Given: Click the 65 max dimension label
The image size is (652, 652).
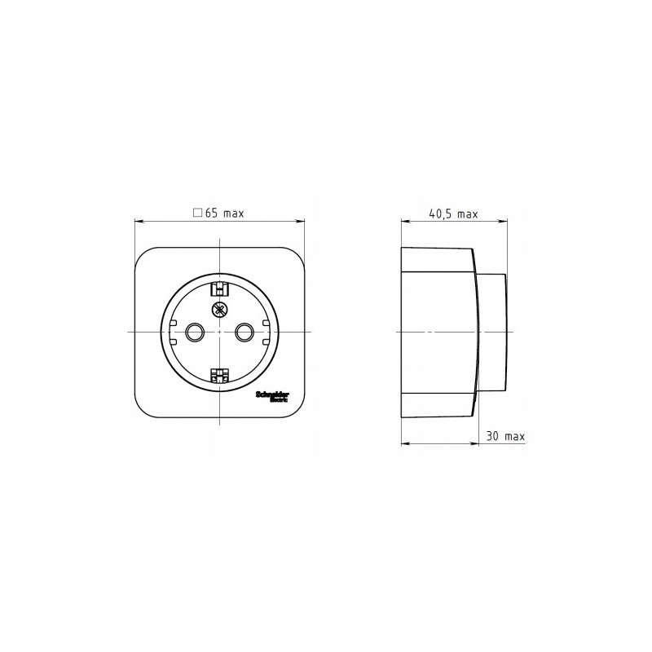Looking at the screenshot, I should [218, 214].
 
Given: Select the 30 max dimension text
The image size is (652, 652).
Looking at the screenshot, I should [505, 436].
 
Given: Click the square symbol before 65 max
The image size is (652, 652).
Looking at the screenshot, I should [196, 213].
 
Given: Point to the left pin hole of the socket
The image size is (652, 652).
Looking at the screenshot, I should [195, 332].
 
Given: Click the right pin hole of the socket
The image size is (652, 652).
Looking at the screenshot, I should [244, 332].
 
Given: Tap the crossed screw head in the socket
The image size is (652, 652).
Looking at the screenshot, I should [219, 309].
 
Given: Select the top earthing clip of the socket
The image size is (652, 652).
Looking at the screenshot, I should [219, 287].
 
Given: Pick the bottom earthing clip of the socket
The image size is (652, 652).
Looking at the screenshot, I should [219, 376].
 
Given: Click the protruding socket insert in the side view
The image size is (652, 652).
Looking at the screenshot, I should [491, 333].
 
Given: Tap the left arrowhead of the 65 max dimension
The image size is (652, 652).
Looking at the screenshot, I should [138, 220].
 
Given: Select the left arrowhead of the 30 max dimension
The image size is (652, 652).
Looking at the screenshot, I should [406, 443].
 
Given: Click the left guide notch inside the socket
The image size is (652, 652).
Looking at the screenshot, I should [174, 324].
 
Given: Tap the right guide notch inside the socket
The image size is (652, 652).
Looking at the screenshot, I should [266, 324].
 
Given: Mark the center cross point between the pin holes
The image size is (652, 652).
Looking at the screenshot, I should [219, 332].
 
